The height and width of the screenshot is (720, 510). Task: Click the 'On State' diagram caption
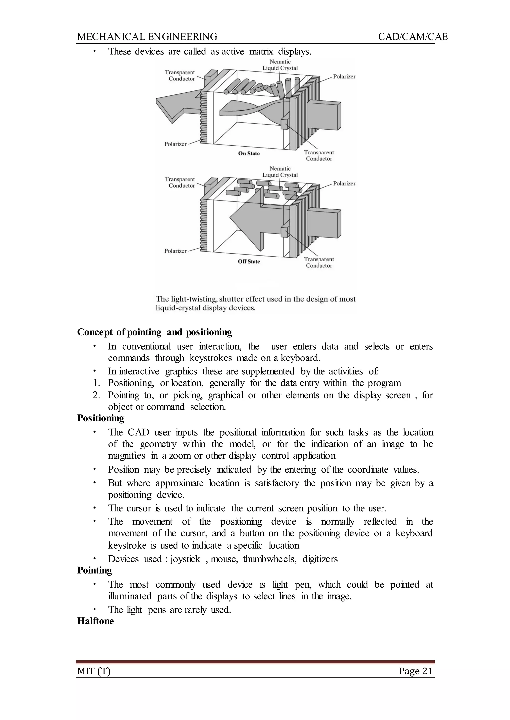coord(249,154)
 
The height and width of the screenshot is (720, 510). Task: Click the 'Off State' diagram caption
coord(249,262)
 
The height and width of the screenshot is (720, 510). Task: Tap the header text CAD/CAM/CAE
coord(413,37)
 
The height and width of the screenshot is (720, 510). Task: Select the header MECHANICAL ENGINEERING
coord(147,37)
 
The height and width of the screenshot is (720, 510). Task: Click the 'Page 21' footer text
coord(416,671)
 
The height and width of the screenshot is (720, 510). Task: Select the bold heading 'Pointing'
coord(95,570)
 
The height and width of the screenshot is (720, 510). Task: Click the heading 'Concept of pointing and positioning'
coord(154,332)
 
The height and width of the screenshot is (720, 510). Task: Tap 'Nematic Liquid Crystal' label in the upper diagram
coord(280,65)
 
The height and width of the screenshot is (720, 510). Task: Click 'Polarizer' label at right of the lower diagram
coord(344,184)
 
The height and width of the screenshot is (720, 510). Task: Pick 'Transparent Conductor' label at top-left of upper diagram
coord(180,76)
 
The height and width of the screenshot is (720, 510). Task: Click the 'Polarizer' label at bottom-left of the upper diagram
coord(175,144)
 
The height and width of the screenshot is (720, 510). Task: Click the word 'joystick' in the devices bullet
coord(185,559)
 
